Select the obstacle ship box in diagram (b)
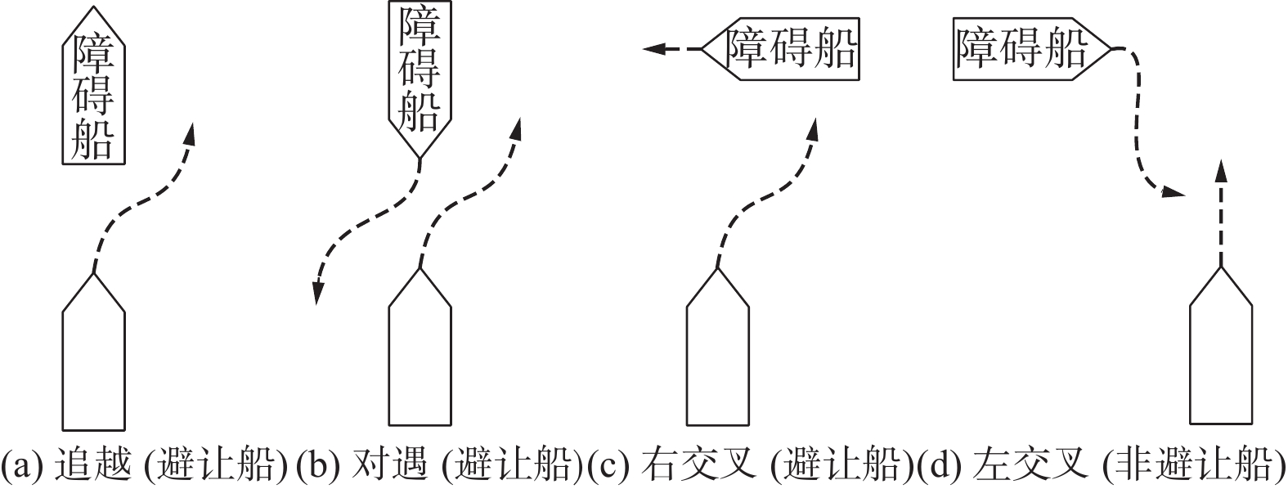click(x=419, y=74)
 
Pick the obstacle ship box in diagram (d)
click(x=1026, y=50)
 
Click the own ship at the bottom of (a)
click(x=94, y=360)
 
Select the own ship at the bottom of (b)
click(x=420, y=360)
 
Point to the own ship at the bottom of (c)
click(x=717, y=360)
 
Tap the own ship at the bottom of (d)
click(x=1221, y=360)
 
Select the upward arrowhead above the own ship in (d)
click(x=1221, y=170)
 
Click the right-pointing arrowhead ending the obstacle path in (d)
click(x=1174, y=193)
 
